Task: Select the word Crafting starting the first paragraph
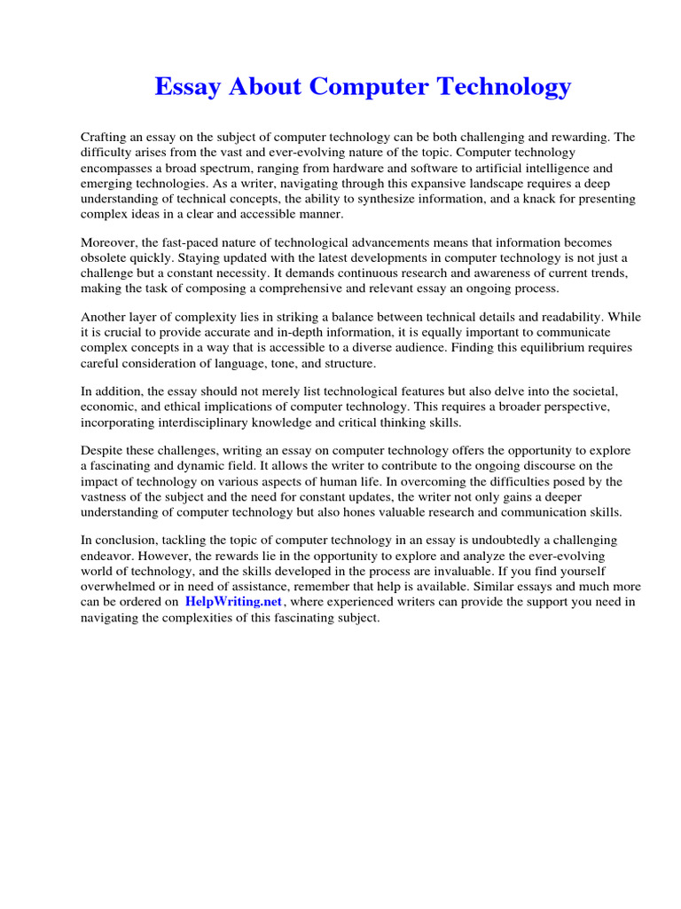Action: [106, 138]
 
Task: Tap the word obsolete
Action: [106, 258]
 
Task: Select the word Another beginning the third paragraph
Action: [106, 317]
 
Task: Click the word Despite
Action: [104, 466]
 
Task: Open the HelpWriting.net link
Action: [233, 602]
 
